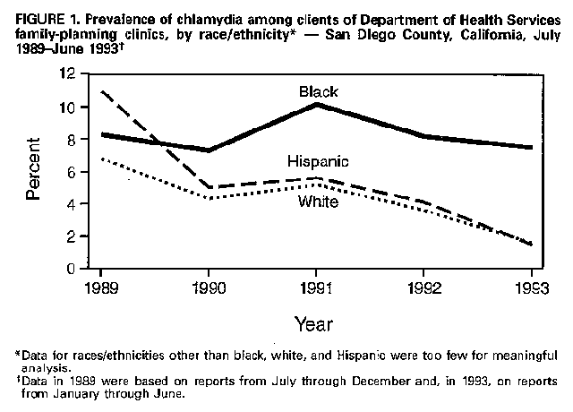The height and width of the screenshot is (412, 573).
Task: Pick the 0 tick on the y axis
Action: (x=82, y=268)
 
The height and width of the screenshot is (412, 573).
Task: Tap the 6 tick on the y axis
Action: (x=82, y=171)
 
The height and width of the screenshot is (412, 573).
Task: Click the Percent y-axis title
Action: (x=33, y=171)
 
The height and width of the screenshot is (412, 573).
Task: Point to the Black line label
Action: (x=318, y=90)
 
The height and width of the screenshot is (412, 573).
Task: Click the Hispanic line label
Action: (x=318, y=161)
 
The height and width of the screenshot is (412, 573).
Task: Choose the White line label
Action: (x=318, y=202)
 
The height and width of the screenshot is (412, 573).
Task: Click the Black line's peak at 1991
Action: (x=317, y=105)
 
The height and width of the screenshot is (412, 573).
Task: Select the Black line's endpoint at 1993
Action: (x=532, y=148)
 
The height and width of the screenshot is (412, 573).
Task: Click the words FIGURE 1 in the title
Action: (x=33, y=12)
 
